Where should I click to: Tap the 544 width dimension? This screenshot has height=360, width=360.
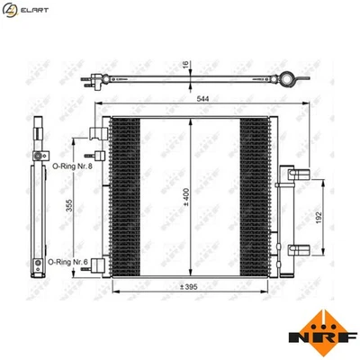[x=194, y=99]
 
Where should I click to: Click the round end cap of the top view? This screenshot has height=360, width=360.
[x=288, y=80]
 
